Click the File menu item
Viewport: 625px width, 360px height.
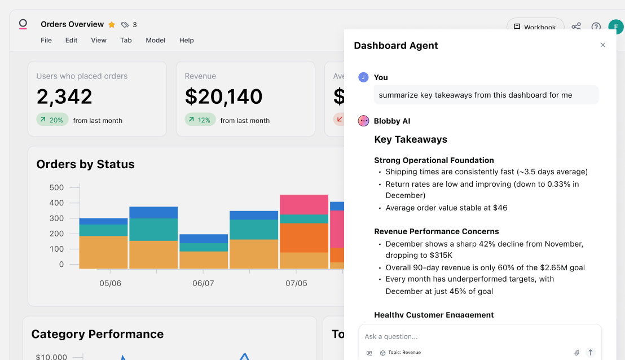point(46,40)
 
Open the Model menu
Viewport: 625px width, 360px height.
point(156,40)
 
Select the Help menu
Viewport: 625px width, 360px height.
point(187,40)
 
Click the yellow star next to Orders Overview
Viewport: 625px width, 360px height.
point(112,25)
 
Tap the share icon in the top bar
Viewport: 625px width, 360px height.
point(576,27)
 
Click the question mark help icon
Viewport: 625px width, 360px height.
point(596,27)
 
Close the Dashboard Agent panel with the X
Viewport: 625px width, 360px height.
point(602,45)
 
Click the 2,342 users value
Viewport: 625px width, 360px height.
point(64,96)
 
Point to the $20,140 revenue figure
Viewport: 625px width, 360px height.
point(223,96)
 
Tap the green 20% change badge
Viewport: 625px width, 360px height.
point(52,120)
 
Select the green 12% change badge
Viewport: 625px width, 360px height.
point(200,120)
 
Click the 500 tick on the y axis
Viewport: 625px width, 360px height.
point(57,187)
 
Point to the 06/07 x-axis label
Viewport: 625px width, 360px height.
point(203,283)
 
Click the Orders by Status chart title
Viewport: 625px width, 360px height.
point(86,164)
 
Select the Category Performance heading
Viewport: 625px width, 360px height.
point(98,334)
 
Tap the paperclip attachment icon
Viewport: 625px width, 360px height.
point(577,353)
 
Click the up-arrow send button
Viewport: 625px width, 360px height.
point(591,352)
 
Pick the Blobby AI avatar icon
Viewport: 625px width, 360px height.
point(364,121)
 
